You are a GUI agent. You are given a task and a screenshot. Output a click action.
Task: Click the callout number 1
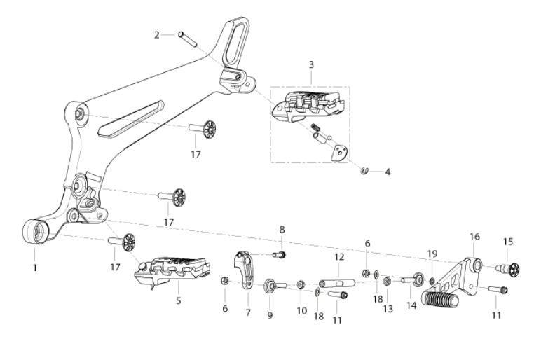(x=34, y=268)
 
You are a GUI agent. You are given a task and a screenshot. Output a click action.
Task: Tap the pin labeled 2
(x=187, y=39)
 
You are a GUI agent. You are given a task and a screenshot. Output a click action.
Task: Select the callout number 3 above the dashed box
(x=311, y=64)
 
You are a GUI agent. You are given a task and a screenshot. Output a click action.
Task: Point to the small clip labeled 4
(x=364, y=171)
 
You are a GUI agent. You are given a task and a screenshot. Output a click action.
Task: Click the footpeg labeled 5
(x=172, y=271)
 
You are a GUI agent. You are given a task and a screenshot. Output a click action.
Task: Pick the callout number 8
(x=282, y=229)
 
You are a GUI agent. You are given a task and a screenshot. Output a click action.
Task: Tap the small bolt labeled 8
(x=280, y=255)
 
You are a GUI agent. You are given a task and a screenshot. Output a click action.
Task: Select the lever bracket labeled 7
(x=246, y=270)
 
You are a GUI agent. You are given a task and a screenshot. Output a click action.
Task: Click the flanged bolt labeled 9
(x=275, y=286)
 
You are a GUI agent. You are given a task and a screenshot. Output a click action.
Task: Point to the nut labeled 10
(x=301, y=285)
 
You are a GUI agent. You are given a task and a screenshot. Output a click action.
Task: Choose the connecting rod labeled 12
(x=337, y=283)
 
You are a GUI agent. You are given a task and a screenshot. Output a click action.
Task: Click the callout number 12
(x=338, y=256)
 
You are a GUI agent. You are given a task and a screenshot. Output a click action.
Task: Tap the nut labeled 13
(x=387, y=282)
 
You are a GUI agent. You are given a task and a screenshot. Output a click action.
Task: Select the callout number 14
(x=411, y=305)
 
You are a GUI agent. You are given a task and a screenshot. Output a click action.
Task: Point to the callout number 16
(x=474, y=237)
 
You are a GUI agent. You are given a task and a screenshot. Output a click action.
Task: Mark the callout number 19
(x=432, y=254)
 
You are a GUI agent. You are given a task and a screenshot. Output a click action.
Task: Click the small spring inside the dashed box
(x=316, y=127)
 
